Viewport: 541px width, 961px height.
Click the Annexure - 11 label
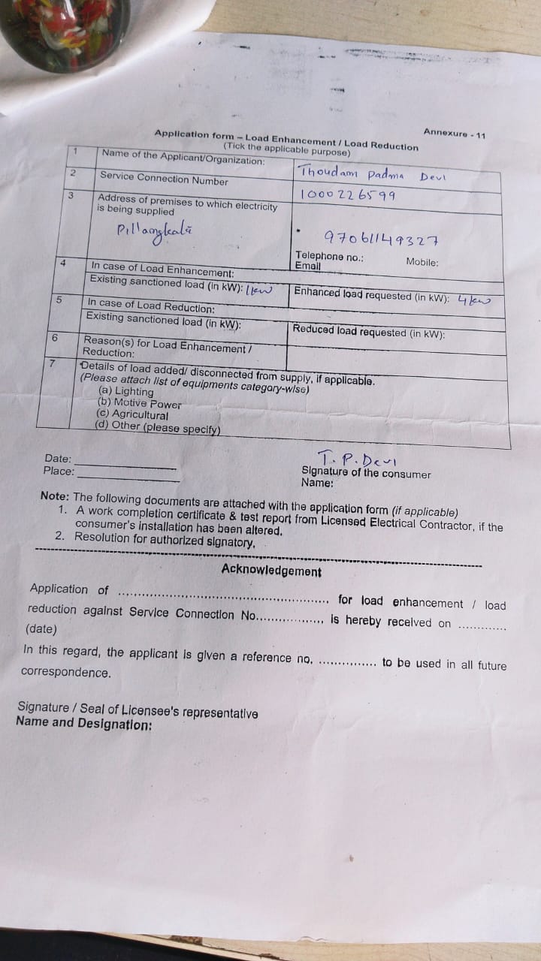454,134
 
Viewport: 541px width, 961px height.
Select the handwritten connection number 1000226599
347,195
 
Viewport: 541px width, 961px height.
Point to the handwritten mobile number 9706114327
381,239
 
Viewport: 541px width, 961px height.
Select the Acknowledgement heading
271,571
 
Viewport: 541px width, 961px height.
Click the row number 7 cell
52,363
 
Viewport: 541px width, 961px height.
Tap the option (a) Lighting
125,391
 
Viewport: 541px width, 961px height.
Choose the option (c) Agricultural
132,414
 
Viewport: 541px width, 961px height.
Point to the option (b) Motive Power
139,403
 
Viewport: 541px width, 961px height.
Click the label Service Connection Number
164,179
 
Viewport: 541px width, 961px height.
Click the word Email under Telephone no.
307,266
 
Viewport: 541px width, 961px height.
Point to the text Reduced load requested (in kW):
368,331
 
